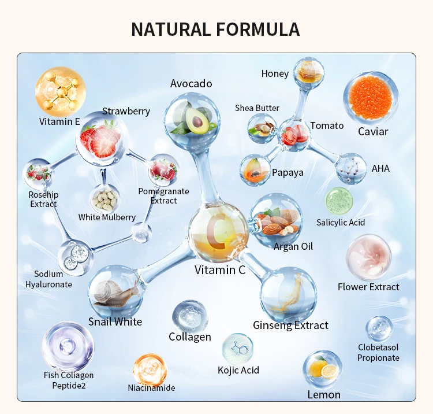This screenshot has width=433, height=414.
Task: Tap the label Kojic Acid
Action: click(238, 370)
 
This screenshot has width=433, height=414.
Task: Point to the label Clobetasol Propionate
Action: click(378, 353)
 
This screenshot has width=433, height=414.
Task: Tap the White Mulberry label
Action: click(107, 217)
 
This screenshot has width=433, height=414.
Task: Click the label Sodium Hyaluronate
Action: click(48, 279)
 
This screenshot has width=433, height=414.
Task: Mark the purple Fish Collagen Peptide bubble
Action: click(68, 346)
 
